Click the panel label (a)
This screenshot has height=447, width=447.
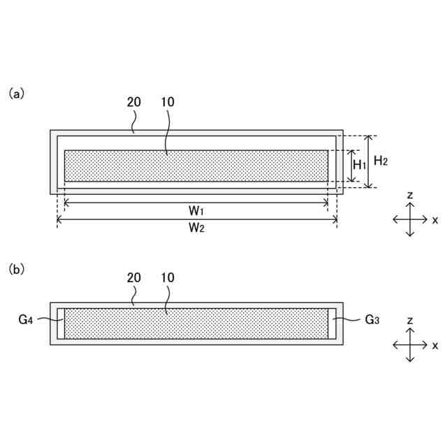click(16, 93)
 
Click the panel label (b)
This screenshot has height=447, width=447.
click(16, 268)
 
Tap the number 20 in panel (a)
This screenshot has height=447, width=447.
click(133, 102)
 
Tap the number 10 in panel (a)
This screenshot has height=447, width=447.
click(167, 102)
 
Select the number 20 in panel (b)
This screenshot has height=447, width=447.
click(133, 277)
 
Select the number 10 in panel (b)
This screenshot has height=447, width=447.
click(167, 277)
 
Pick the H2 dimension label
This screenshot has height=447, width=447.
click(381, 161)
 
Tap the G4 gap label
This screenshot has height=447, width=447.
click(26, 320)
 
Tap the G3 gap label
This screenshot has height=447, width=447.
click(372, 320)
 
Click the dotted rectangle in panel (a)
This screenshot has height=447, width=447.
click(196, 166)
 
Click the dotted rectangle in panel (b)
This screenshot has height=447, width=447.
click(196, 323)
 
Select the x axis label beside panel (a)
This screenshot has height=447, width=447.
click(434, 219)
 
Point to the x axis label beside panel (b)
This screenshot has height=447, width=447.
click(434, 345)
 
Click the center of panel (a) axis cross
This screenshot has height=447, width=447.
click(411, 219)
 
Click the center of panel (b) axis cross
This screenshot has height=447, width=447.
click(411, 345)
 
